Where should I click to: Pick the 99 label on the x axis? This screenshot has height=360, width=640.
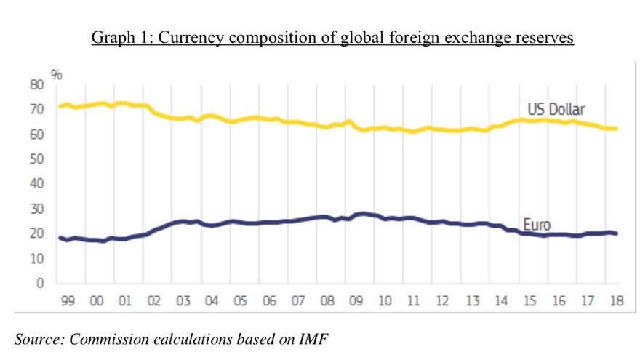[x=68, y=301]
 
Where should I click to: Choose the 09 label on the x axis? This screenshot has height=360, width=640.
[x=356, y=301]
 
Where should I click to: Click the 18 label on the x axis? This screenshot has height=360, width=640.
[x=616, y=301]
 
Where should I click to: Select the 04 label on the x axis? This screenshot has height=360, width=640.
[x=212, y=301]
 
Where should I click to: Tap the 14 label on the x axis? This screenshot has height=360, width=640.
[x=500, y=301]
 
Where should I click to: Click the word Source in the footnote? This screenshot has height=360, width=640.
[x=37, y=337]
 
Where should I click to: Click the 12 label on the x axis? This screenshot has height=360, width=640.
[x=443, y=301]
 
